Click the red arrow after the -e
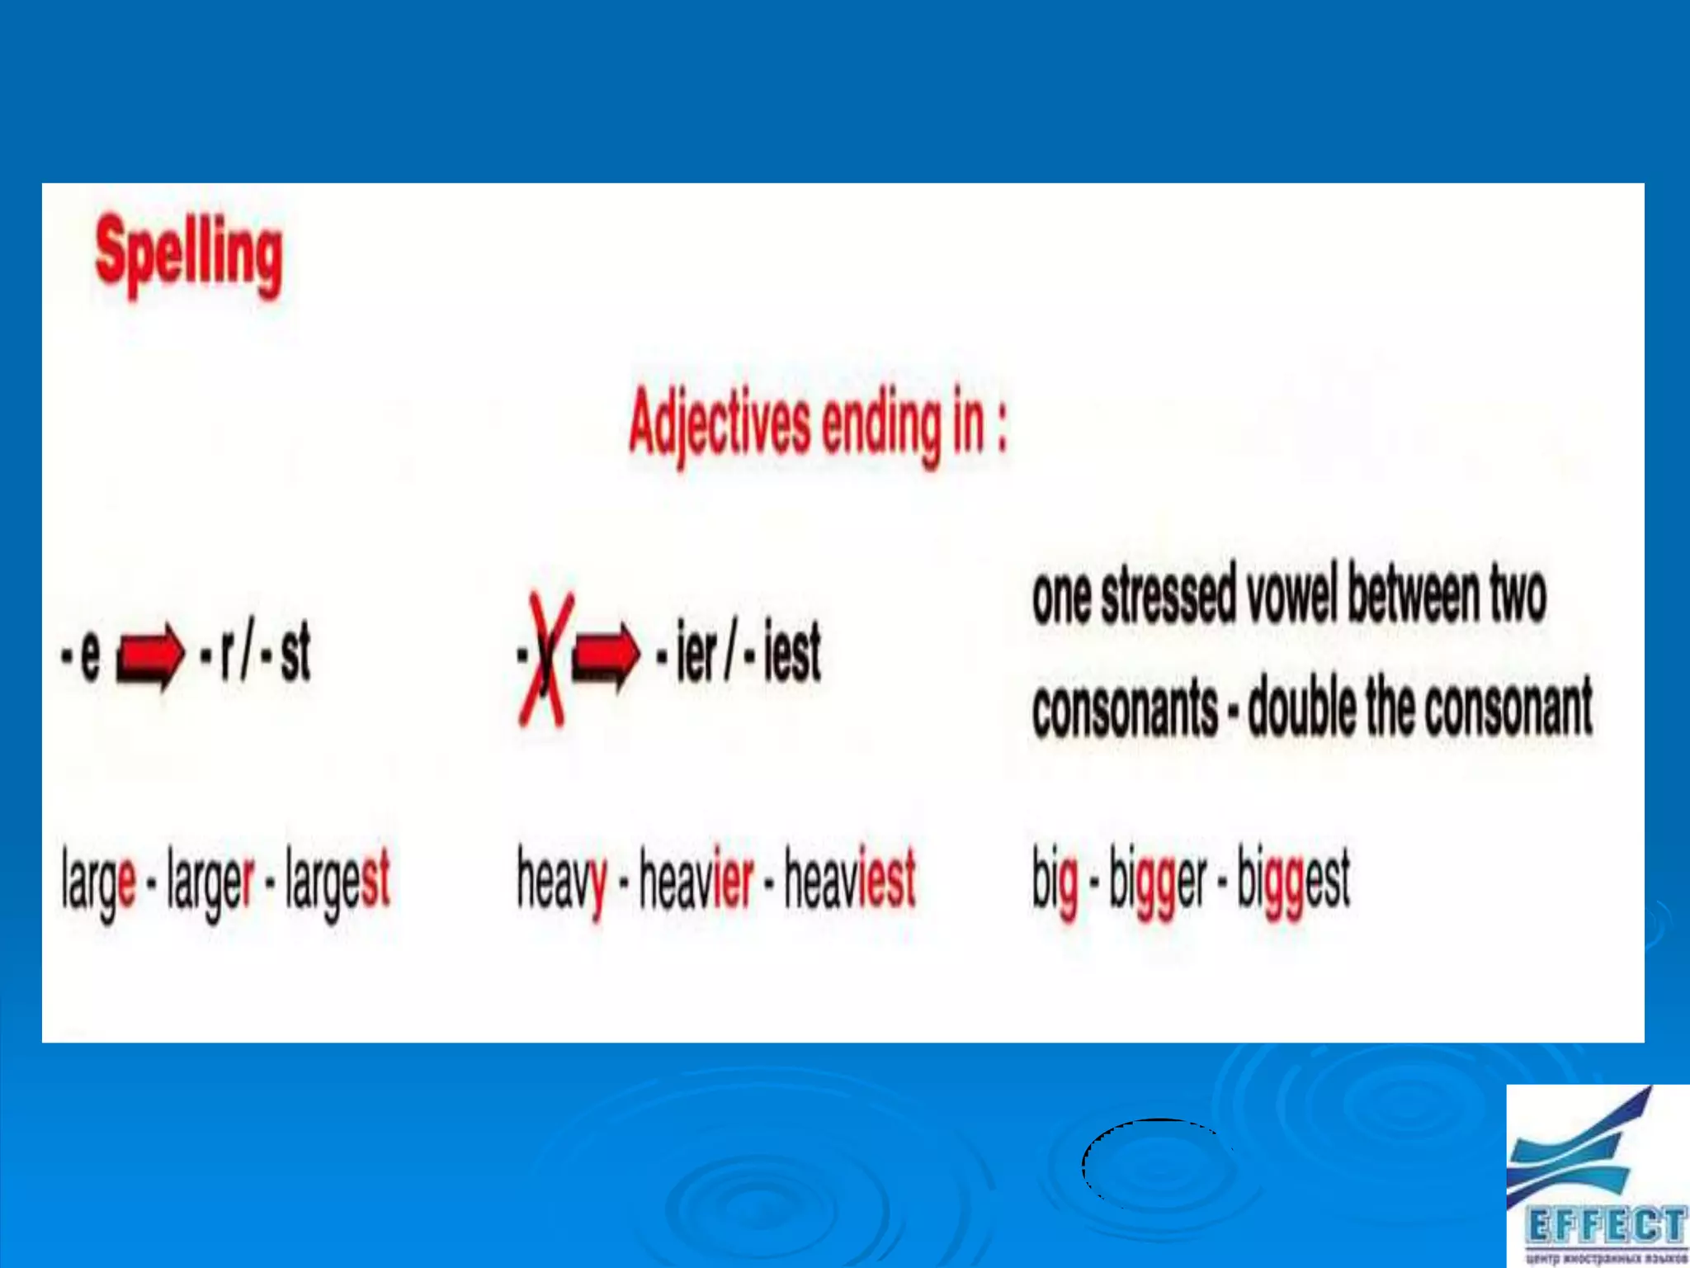coord(149,655)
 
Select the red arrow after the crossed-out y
coord(606,654)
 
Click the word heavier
coord(696,878)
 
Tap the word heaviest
coord(850,878)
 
